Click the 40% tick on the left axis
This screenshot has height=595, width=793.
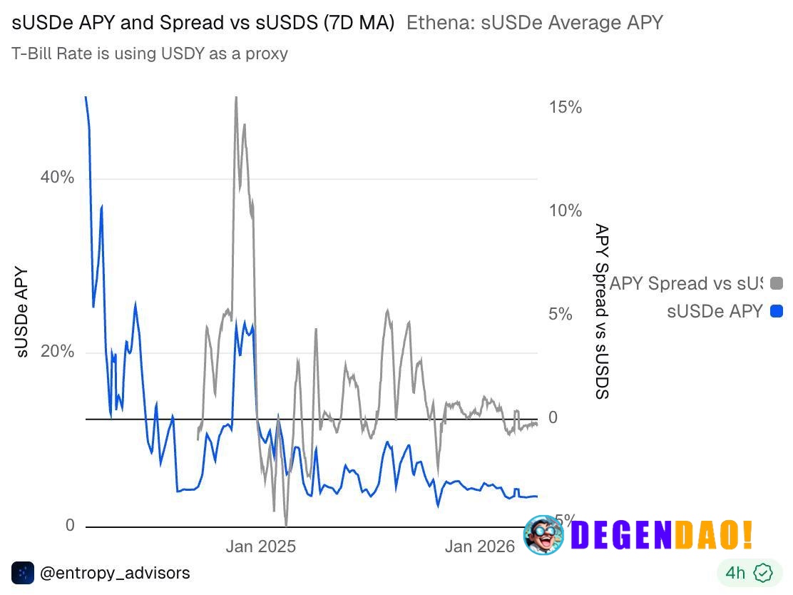click(x=57, y=178)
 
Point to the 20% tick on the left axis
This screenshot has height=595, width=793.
click(x=57, y=352)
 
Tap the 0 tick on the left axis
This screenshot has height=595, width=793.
click(x=70, y=526)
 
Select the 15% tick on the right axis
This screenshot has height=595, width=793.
click(x=565, y=108)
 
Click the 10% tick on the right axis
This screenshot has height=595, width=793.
click(x=565, y=211)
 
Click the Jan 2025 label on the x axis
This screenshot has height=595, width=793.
click(x=260, y=547)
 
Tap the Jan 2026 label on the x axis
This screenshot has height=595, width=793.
click(x=479, y=547)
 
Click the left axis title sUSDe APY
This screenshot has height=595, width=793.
click(x=21, y=312)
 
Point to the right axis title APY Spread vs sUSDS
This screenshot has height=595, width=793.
click(x=602, y=312)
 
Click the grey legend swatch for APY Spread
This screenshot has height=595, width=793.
click(x=777, y=284)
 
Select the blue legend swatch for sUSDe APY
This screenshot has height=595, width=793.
click(x=777, y=312)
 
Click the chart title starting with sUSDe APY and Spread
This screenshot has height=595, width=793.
click(x=203, y=23)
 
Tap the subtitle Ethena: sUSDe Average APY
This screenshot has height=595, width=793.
click(x=534, y=23)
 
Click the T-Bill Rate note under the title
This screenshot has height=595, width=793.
click(x=150, y=54)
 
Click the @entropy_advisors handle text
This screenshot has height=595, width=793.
click(x=115, y=573)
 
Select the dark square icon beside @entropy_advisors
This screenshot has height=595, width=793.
click(x=23, y=573)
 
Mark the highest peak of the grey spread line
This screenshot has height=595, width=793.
click(x=235, y=98)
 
